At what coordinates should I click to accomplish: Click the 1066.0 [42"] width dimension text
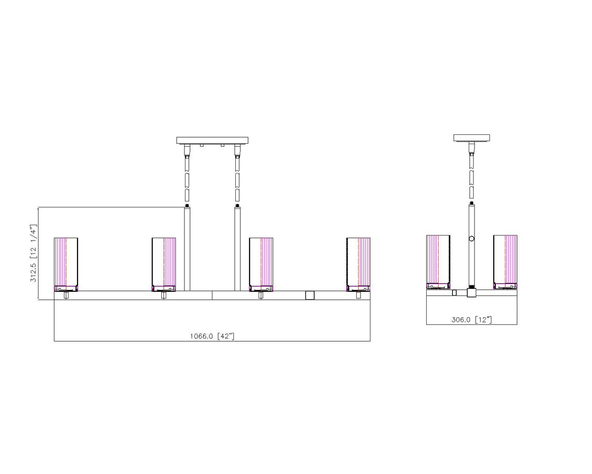[x=212, y=336]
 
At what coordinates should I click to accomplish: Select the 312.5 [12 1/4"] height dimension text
[x=34, y=253]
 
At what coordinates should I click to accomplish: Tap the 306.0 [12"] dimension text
[x=471, y=320]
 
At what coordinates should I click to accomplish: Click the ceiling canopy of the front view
[x=212, y=140]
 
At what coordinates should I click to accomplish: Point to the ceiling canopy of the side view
[x=472, y=138]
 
